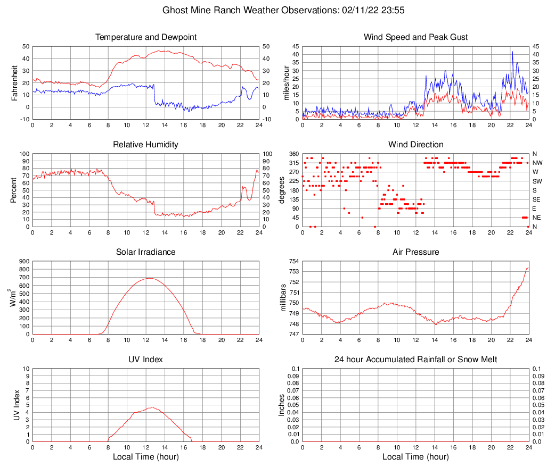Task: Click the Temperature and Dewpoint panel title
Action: tap(146, 37)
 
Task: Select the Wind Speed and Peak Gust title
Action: tap(415, 37)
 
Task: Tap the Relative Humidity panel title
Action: tap(146, 145)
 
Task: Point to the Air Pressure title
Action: tap(415, 252)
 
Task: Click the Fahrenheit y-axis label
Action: tap(14, 82)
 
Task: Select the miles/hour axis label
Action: tap(287, 82)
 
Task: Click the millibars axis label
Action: tap(282, 298)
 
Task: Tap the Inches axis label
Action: tap(282, 405)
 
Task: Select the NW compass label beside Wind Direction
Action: tap(537, 163)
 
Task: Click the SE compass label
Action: tap(536, 199)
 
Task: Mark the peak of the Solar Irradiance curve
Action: tap(149, 278)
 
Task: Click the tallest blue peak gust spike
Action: tap(512, 52)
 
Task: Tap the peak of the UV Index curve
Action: tap(152, 407)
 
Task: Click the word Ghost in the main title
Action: tap(175, 10)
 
